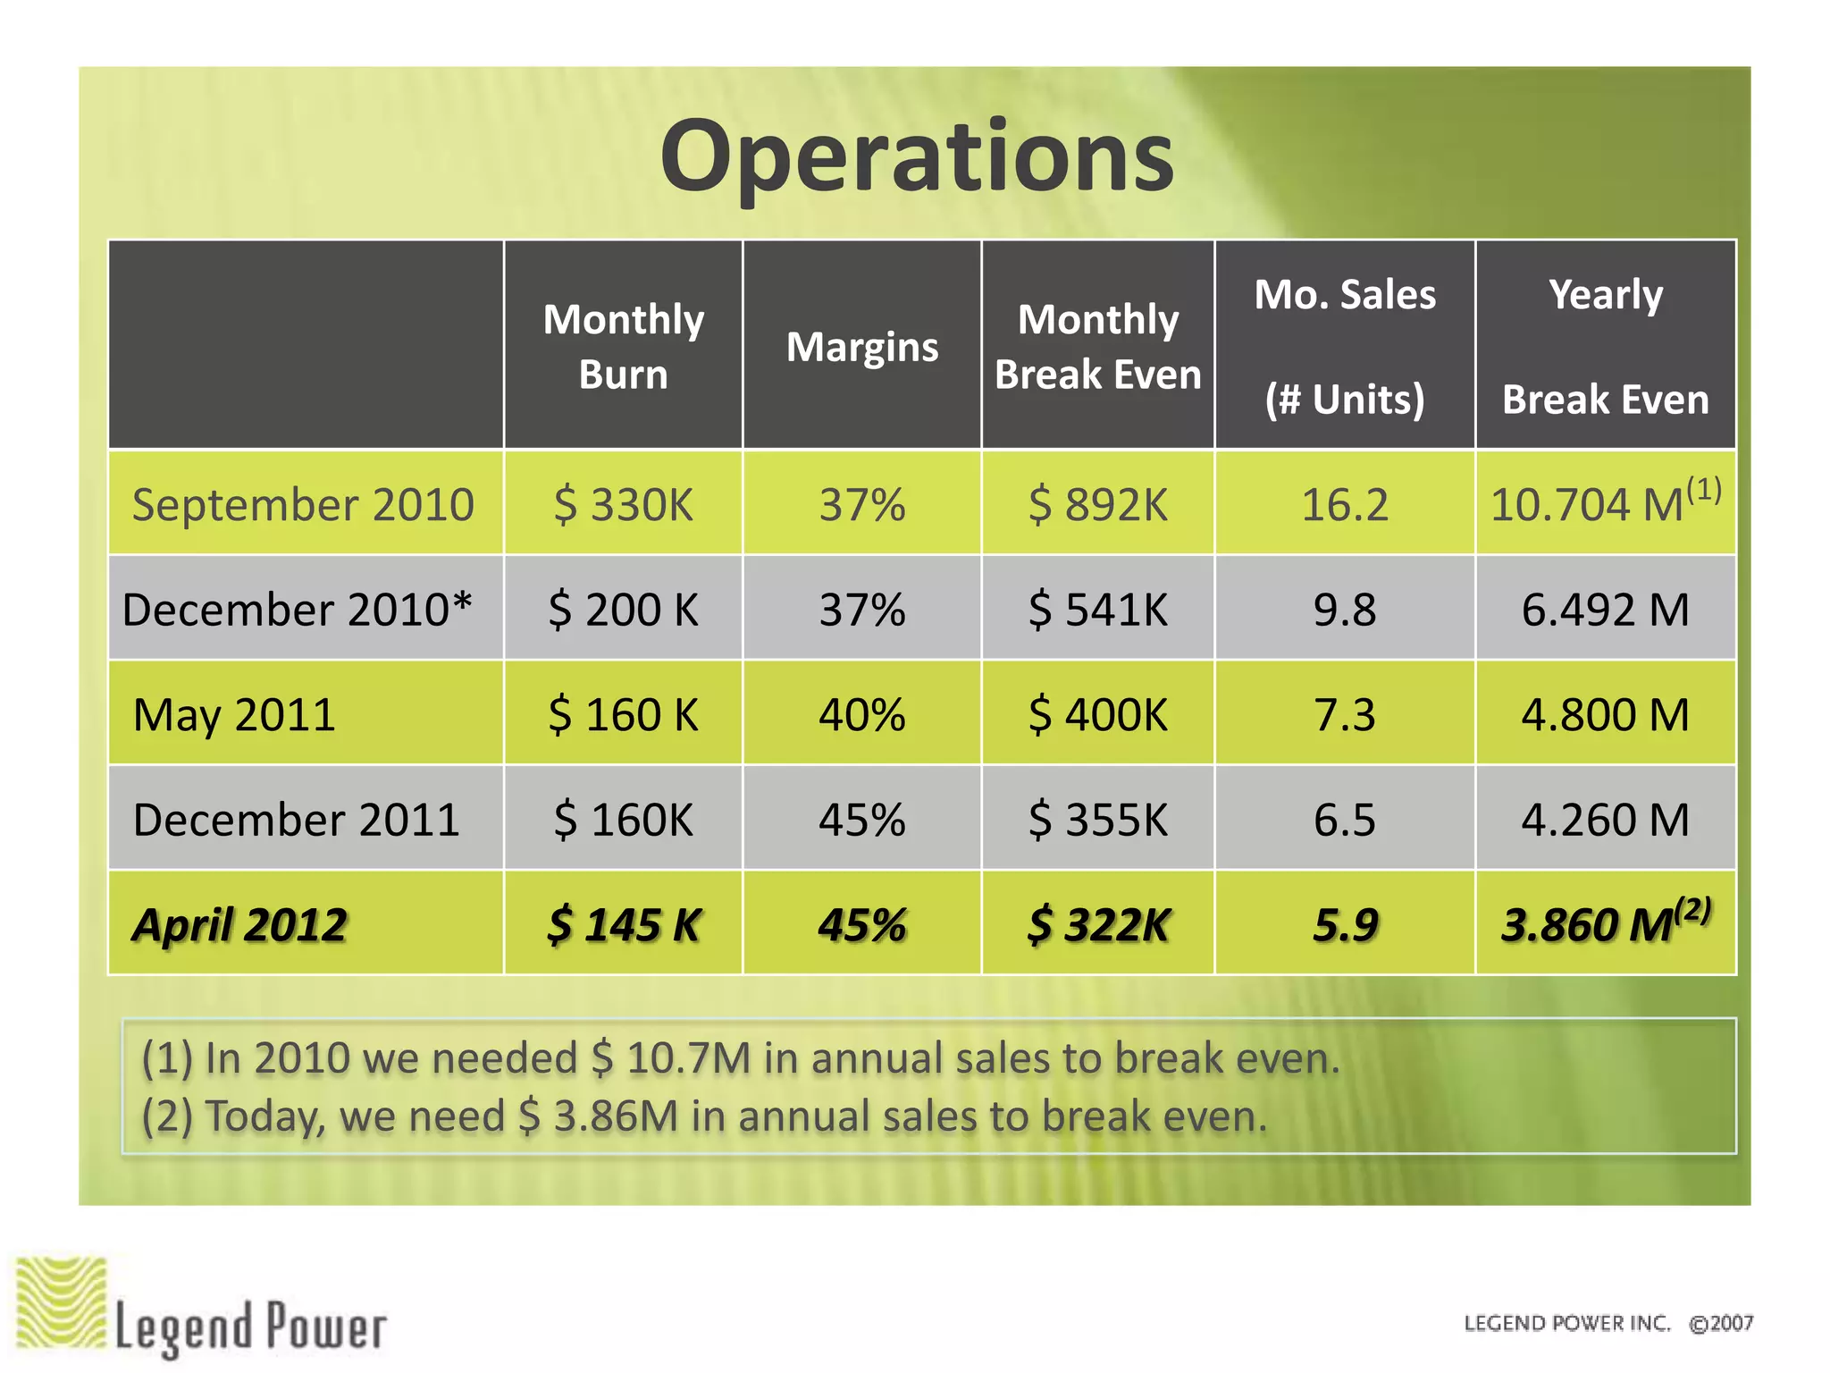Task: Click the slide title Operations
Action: click(x=917, y=157)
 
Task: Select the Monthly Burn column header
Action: click(x=623, y=346)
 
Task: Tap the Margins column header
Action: click(x=861, y=347)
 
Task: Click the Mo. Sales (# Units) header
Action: click(x=1344, y=346)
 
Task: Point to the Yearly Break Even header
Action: click(x=1605, y=346)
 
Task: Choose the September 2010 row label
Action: click(x=303, y=504)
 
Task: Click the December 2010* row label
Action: click(x=297, y=610)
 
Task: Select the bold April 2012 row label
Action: click(x=239, y=924)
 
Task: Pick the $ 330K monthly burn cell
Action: click(x=623, y=504)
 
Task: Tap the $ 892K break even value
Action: click(x=1097, y=504)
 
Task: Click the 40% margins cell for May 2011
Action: click(x=861, y=715)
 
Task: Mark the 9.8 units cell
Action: click(x=1344, y=610)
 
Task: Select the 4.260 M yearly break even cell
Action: click(x=1605, y=820)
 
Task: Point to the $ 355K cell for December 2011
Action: click(x=1097, y=820)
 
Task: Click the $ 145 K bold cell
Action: click(x=623, y=924)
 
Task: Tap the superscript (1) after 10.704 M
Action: click(x=1703, y=490)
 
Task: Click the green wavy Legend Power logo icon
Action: click(x=61, y=1302)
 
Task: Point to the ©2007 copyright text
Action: click(x=1720, y=1323)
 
